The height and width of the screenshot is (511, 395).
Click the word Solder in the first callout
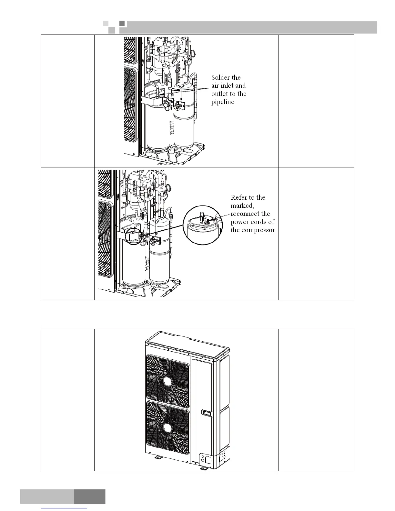tap(221, 77)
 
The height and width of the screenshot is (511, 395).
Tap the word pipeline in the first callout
tap(223, 102)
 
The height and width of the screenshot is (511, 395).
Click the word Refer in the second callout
tap(239, 197)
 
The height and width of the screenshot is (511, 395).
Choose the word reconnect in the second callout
tap(250, 214)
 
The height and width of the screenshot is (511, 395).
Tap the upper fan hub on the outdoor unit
tap(167, 381)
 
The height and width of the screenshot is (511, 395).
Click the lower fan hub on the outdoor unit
tap(167, 428)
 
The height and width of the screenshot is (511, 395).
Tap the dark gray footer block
tap(90, 496)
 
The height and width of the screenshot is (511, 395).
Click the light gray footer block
tap(47, 496)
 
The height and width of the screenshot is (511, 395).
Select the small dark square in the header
tap(122, 23)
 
